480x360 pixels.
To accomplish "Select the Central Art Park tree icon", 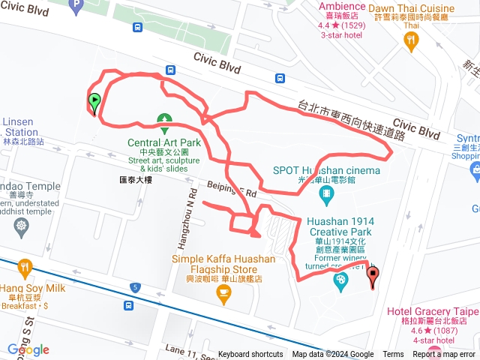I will (x=163, y=120).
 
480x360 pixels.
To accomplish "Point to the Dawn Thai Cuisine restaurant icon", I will (x=410, y=43).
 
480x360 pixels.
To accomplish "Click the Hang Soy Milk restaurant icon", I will (x=25, y=267).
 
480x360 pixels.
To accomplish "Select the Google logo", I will (x=28, y=350).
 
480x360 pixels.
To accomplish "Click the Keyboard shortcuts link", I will (x=250, y=355).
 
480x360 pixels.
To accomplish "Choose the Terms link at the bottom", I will (x=393, y=355).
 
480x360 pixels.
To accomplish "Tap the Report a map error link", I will (x=445, y=355).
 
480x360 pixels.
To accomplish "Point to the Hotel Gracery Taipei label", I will (x=432, y=310).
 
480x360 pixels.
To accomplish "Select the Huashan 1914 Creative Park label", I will (x=341, y=226).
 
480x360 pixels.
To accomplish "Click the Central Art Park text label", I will (x=164, y=142).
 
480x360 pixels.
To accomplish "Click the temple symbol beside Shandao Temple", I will (x=20, y=226).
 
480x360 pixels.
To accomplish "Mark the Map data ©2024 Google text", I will (x=333, y=355).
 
